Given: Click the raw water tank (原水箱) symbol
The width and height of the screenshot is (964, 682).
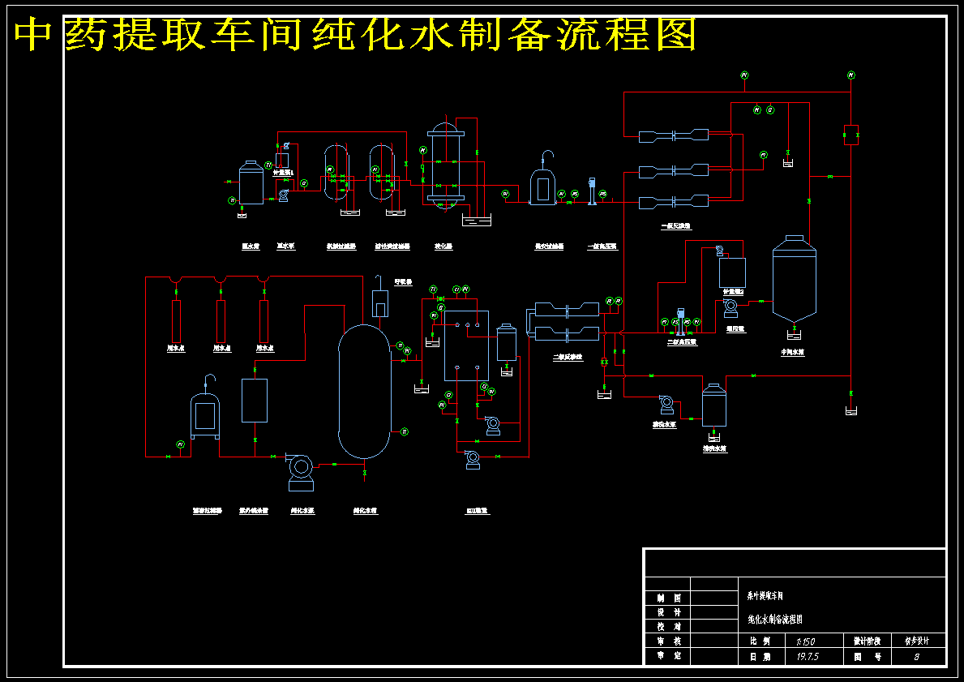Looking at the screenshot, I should (x=251, y=183).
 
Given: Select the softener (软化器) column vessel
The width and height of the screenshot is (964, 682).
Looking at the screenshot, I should (x=445, y=167).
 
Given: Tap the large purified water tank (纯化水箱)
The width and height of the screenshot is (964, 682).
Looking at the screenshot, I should (x=363, y=391).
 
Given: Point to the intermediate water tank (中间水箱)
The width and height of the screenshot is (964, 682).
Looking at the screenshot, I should (x=794, y=280).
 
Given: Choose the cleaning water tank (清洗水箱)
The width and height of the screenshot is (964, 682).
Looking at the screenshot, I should (x=714, y=405).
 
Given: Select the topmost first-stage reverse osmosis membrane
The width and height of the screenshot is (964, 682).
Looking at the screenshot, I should (x=674, y=135).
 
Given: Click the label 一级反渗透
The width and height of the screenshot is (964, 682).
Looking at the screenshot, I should (x=675, y=226).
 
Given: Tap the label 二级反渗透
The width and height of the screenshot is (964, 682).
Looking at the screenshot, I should (x=568, y=357).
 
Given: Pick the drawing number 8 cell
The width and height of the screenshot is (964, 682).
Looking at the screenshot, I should (x=917, y=657).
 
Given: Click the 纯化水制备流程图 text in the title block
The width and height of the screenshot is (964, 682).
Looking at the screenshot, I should (x=775, y=620).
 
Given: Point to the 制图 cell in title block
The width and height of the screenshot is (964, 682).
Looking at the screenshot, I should (x=666, y=598).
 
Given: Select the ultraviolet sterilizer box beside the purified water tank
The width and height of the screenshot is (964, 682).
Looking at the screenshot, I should (x=255, y=400).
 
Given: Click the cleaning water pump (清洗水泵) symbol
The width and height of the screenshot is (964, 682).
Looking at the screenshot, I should (x=666, y=403).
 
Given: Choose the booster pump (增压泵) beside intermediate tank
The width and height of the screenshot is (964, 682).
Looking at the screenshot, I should (x=730, y=307).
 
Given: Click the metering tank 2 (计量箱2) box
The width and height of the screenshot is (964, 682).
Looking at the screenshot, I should (x=732, y=272).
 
